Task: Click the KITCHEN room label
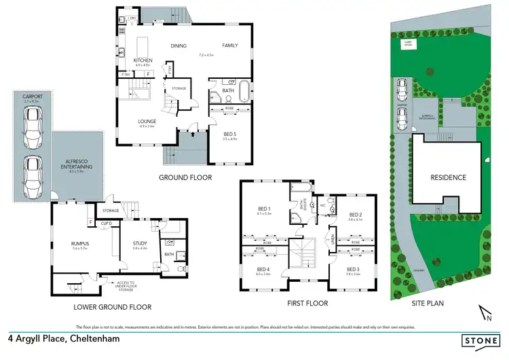[143, 60]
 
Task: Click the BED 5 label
[229, 134]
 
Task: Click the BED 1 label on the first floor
[264, 209]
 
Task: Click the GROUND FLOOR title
[185, 177]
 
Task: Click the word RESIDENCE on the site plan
[448, 178]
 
